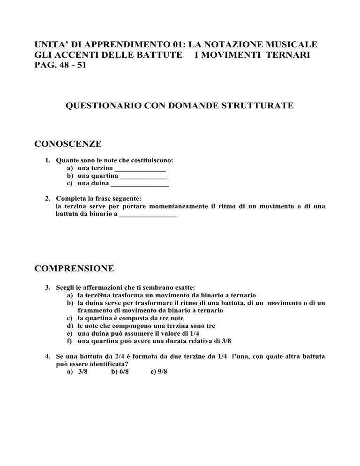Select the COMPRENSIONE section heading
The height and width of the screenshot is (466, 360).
75,269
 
